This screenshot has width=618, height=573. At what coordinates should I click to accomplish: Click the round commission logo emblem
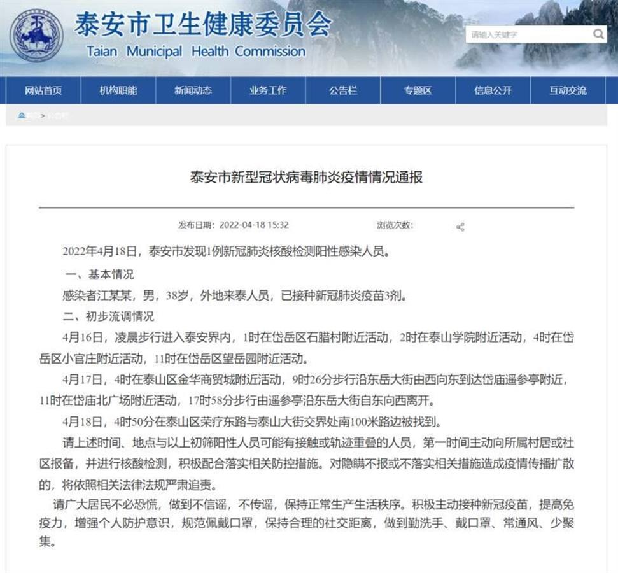tap(36, 36)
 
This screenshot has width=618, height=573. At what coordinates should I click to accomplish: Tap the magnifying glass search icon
tap(598, 34)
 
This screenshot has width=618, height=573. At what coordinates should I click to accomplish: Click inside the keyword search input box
tap(528, 34)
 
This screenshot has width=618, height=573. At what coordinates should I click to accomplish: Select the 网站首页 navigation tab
tap(43, 90)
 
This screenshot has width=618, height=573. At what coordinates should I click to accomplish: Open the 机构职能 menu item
tap(118, 90)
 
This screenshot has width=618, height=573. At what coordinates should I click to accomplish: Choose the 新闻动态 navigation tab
tap(193, 90)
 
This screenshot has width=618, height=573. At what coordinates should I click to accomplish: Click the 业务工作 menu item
tap(268, 90)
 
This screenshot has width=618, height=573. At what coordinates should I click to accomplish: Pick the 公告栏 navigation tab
tap(343, 90)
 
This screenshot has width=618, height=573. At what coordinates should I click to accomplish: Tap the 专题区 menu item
tap(418, 90)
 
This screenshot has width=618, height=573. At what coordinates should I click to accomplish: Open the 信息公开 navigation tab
tap(493, 90)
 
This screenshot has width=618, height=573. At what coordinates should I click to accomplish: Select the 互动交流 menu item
tap(568, 90)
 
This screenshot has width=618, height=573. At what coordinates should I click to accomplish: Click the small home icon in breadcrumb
tap(22, 115)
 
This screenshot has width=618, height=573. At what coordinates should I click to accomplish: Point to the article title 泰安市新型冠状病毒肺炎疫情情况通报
tap(306, 177)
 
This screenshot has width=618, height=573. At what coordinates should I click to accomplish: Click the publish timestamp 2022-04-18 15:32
tap(254, 225)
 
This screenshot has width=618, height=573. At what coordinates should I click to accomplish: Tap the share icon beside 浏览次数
tap(460, 227)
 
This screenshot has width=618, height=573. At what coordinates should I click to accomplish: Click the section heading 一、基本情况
tap(100, 274)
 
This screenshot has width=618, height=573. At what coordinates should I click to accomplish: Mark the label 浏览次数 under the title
tap(394, 225)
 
